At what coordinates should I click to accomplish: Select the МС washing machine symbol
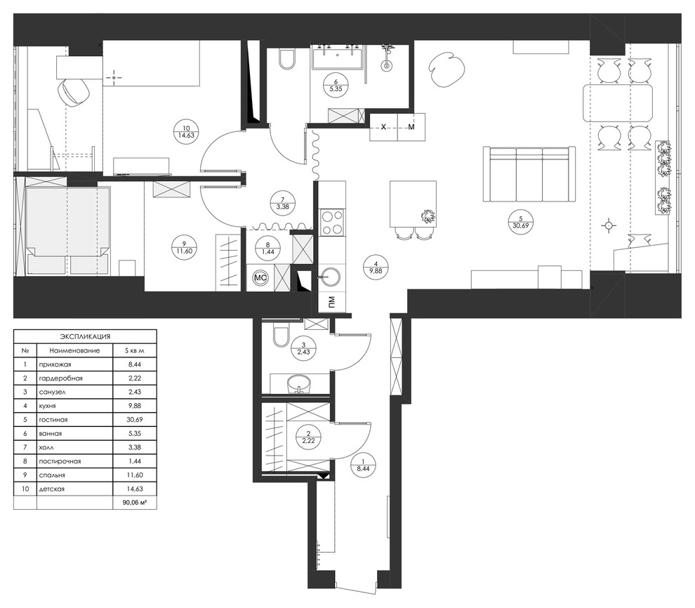pyautogui.click(x=260, y=277)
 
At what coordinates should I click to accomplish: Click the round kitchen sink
pyautogui.click(x=329, y=277)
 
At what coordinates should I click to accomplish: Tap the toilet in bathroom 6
pyautogui.click(x=286, y=60)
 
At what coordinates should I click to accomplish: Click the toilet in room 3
pyautogui.click(x=279, y=336)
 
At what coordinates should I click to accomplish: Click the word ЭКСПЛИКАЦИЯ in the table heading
pyautogui.click(x=85, y=337)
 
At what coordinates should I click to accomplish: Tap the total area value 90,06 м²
pyautogui.click(x=134, y=503)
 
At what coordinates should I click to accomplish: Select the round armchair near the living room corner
pyautogui.click(x=446, y=70)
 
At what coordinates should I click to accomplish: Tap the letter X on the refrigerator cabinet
pyautogui.click(x=383, y=127)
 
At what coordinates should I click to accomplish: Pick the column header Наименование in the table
pyautogui.click(x=74, y=350)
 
